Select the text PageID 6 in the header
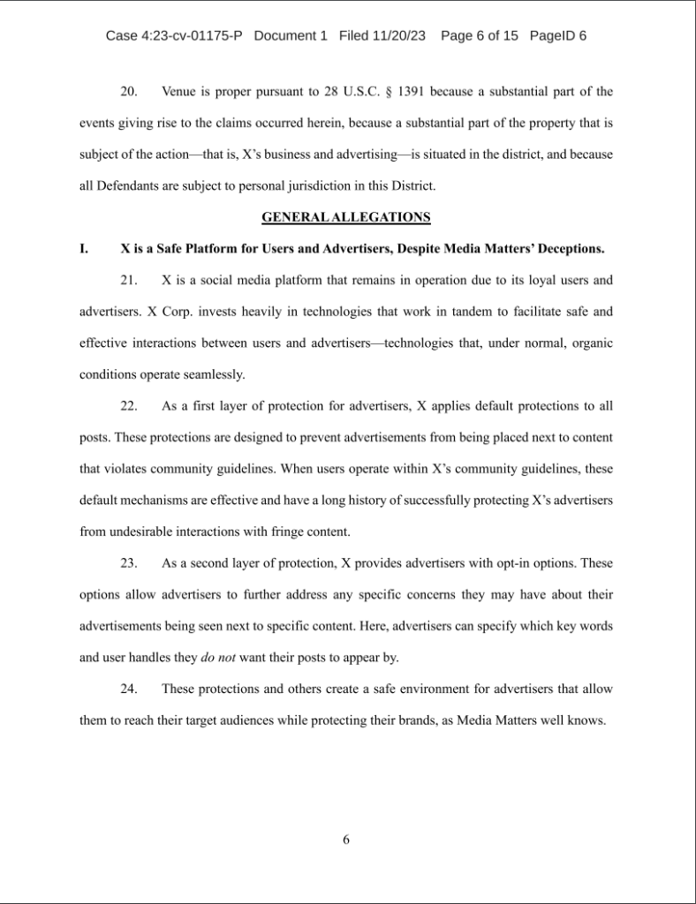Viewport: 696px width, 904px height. pyautogui.click(x=558, y=36)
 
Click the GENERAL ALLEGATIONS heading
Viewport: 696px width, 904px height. pyautogui.click(x=346, y=216)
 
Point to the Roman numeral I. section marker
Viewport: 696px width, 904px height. pyautogui.click(x=84, y=248)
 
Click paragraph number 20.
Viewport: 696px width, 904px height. pyautogui.click(x=129, y=91)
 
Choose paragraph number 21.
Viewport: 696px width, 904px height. pyautogui.click(x=129, y=280)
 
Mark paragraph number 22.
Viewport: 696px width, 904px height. pyautogui.click(x=129, y=405)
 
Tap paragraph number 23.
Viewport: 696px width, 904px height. pyautogui.click(x=129, y=562)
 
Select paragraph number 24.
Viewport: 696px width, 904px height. pyautogui.click(x=129, y=688)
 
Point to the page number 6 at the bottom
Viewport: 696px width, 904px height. pyautogui.click(x=346, y=840)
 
